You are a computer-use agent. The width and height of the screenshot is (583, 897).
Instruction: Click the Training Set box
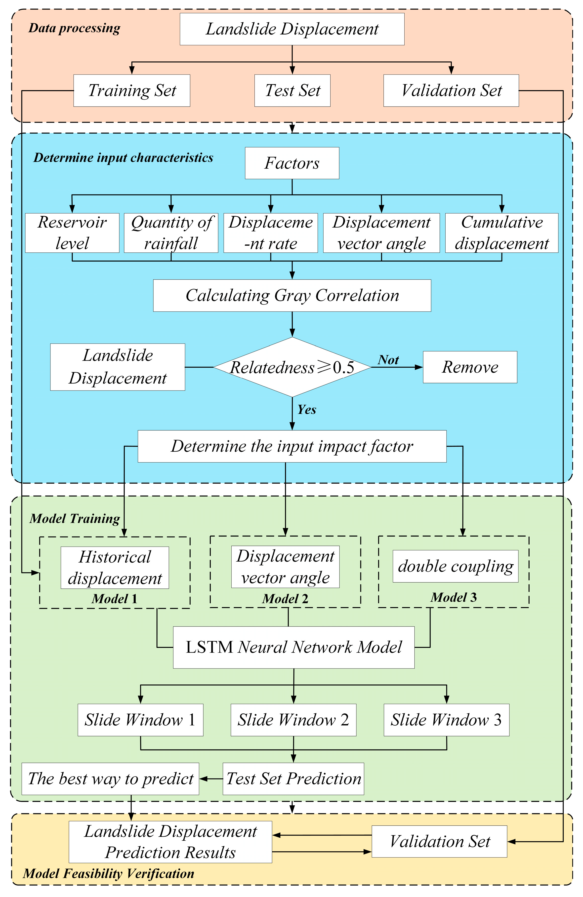point(132,90)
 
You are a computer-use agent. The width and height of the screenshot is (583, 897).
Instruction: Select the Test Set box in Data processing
point(292,90)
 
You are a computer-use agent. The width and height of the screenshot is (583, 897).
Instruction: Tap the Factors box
point(292,163)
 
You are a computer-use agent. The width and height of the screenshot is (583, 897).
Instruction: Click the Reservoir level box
point(72,233)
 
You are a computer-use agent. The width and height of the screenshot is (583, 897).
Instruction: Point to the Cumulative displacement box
point(501,233)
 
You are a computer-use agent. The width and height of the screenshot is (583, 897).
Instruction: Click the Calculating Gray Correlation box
point(292,296)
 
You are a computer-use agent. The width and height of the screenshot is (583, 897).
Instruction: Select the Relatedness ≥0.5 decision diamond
point(292,367)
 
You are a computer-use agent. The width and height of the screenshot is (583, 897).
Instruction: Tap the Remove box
point(470,367)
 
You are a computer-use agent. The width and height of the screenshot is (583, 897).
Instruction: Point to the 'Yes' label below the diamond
point(307,410)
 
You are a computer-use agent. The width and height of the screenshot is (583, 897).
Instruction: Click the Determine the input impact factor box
point(292,446)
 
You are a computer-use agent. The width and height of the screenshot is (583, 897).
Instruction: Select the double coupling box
point(456,566)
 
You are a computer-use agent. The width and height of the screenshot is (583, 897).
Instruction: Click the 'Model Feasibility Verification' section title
point(109,874)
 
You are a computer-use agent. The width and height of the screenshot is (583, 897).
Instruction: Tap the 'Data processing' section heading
point(74,28)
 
